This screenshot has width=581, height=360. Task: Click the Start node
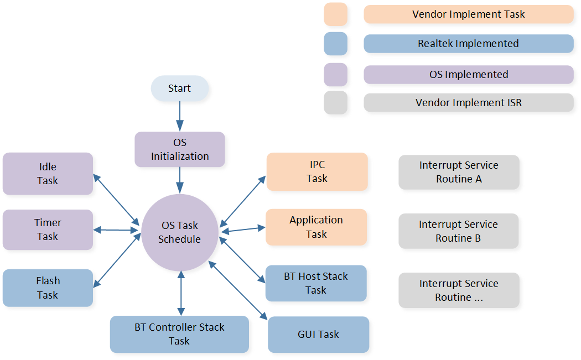point(179,88)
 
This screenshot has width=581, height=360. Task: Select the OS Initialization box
point(180,149)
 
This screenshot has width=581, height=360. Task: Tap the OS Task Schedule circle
point(179,232)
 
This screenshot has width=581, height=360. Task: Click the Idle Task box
point(48,174)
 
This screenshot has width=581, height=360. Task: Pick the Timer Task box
point(48,229)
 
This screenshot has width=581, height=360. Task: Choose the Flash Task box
point(48,288)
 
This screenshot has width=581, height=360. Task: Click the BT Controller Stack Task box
point(179,334)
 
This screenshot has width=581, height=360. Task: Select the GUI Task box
point(318,334)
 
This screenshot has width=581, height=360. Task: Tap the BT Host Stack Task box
point(316,283)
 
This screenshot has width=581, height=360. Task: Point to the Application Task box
point(316,227)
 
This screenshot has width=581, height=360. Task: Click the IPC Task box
point(317,171)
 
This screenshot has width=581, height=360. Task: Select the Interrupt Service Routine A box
point(459,172)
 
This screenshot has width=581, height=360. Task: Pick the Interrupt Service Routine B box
point(458,231)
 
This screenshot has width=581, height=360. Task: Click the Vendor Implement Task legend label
point(468,14)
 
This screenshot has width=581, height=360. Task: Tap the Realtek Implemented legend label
point(468,44)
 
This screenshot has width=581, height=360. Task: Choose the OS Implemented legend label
point(468,74)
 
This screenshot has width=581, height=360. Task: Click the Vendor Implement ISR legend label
point(468,103)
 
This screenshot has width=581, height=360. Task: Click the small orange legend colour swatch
point(335,14)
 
